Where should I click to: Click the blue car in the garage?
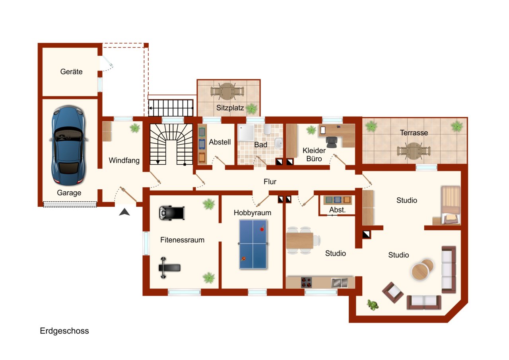coord(68,145)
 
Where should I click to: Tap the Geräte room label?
coord(72,72)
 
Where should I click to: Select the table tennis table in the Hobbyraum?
coord(253,244)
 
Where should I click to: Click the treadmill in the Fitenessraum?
coord(171,213)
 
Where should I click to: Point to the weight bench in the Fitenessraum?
coord(170,268)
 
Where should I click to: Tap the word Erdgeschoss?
coord(64,331)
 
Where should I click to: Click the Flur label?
coord(270,182)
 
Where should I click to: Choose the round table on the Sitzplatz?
coord(227,91)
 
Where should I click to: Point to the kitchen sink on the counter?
coord(339,282)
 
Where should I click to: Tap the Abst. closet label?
coord(337,210)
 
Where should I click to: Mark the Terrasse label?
coord(414,133)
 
